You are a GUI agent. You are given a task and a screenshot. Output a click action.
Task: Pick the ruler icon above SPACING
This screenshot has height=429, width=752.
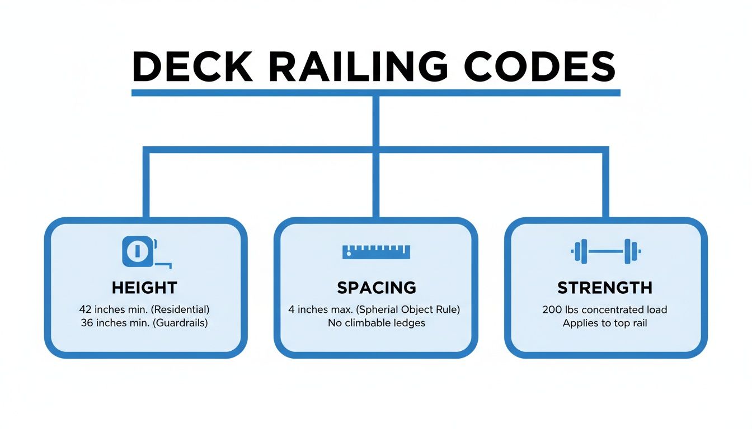[376, 252]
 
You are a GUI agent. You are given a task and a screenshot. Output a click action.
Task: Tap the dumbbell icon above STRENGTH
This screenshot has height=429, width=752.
[605, 251]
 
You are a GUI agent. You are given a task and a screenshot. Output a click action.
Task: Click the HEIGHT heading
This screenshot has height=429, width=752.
[144, 288]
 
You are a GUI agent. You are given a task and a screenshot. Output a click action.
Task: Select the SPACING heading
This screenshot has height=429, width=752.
[376, 288]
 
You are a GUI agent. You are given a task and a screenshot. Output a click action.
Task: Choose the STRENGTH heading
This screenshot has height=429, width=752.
[605, 288]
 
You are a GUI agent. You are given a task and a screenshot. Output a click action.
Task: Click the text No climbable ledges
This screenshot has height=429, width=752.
[376, 323]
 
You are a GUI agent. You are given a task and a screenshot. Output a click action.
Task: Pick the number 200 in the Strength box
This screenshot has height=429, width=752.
[552, 309]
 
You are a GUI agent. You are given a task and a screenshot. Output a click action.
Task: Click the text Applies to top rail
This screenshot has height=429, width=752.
[605, 323]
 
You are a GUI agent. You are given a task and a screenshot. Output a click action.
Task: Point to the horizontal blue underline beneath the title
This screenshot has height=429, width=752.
[376, 93]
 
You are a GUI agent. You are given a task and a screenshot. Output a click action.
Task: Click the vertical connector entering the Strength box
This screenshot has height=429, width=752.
[605, 184]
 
